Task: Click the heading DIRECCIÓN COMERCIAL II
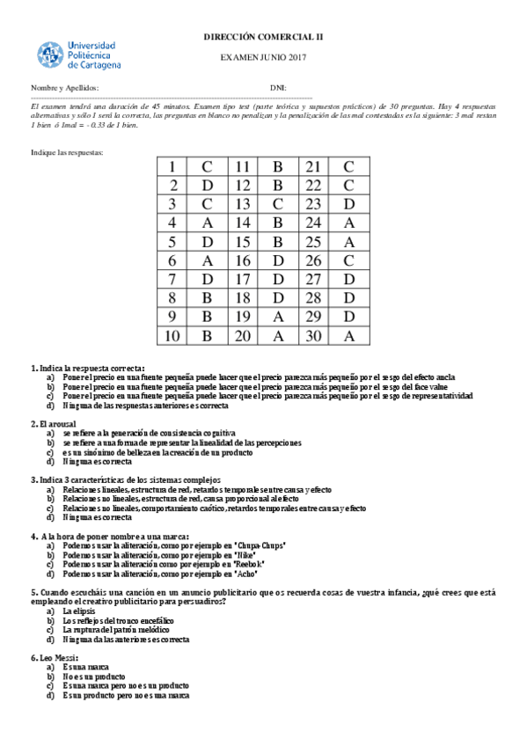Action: point(263,37)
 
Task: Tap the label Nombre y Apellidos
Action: point(64,88)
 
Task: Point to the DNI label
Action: point(278,88)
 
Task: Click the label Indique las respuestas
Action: point(67,152)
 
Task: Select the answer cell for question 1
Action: point(207,166)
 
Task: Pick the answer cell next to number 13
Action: point(277,203)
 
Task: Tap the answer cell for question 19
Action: point(277,316)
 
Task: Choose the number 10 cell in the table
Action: point(172,335)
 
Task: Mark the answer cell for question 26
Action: point(348,260)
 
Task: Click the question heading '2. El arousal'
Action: point(60,424)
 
